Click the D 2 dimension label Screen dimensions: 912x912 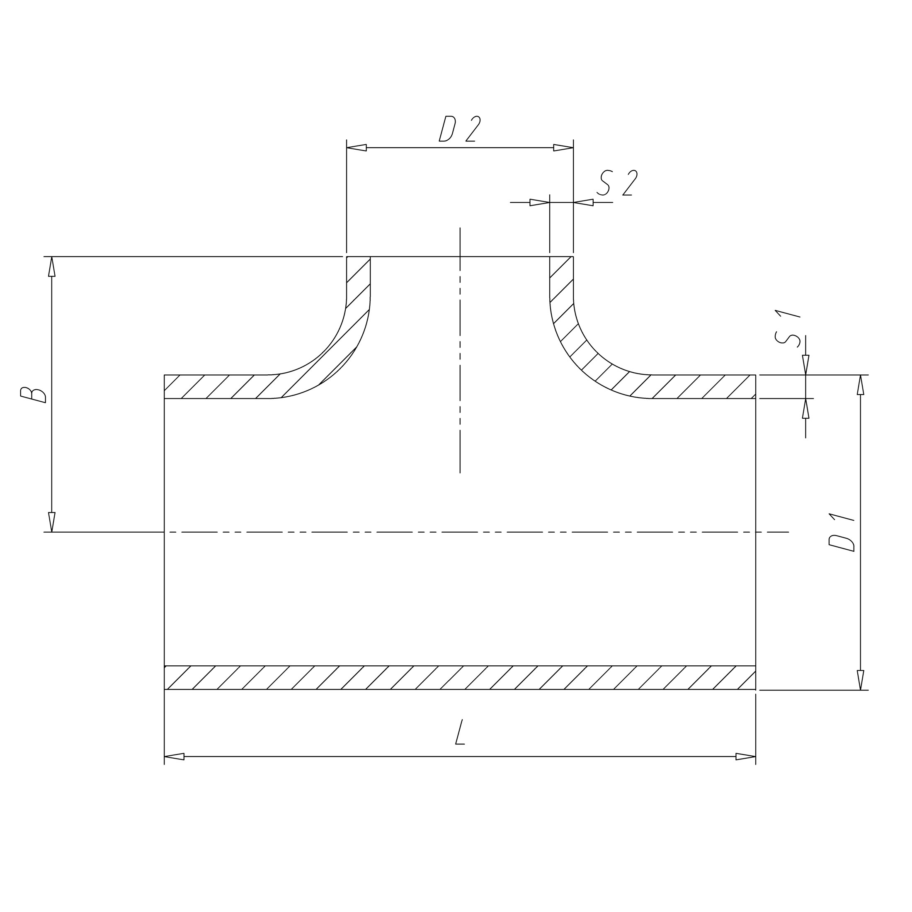click(459, 129)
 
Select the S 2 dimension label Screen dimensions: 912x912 click(617, 183)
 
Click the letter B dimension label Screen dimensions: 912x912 click(33, 394)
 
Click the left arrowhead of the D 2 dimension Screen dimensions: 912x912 click(357, 148)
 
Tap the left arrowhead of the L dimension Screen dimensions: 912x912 click(174, 757)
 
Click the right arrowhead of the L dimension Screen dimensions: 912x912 click(746, 757)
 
